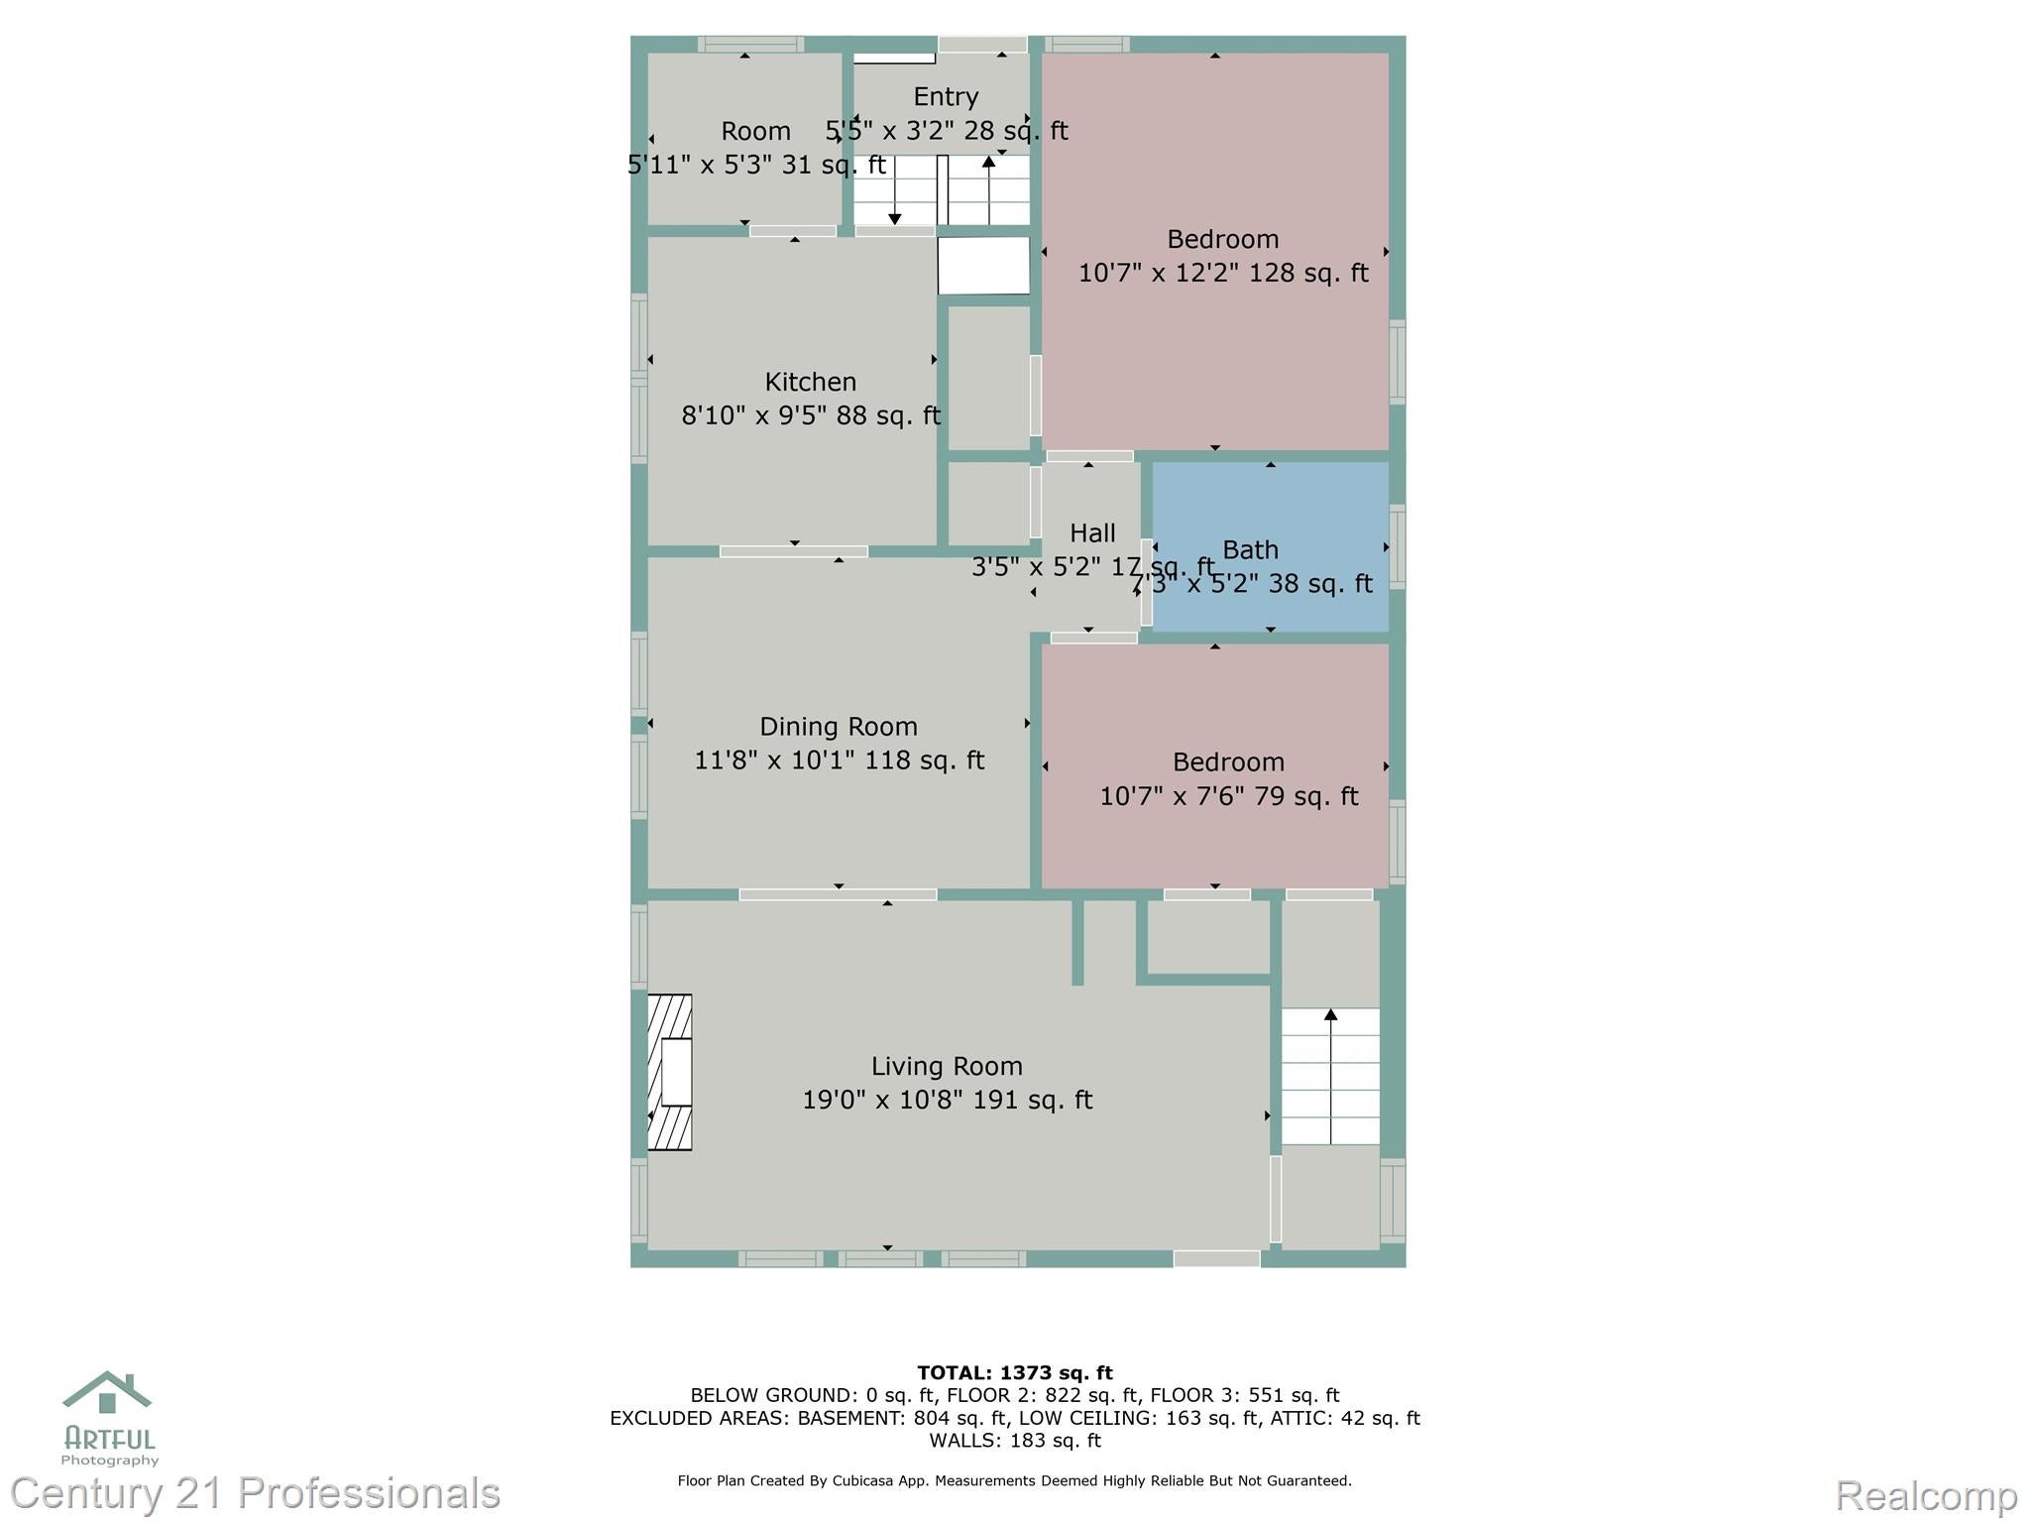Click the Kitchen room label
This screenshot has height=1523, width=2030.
810,382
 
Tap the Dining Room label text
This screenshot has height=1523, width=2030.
839,727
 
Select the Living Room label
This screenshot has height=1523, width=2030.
947,1066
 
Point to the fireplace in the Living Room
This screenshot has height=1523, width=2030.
670,1072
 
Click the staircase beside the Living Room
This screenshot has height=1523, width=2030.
1330,1076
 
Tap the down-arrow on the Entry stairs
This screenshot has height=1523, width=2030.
895,218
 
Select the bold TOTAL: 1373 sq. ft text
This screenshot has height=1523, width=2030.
1014,1372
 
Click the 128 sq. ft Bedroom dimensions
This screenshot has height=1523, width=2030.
1222,273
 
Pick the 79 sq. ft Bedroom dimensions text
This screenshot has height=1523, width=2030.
1228,796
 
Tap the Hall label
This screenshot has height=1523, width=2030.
1092,533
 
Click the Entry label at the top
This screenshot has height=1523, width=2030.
946,96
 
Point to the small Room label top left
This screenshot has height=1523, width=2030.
755,131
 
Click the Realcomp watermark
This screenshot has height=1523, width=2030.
1926,1495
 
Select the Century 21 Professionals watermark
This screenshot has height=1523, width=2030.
256,1493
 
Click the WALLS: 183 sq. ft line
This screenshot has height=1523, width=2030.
1014,1440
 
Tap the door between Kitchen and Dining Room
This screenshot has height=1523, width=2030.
793,551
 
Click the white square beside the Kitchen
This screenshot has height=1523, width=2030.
983,265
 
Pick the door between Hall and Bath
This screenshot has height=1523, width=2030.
1147,582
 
